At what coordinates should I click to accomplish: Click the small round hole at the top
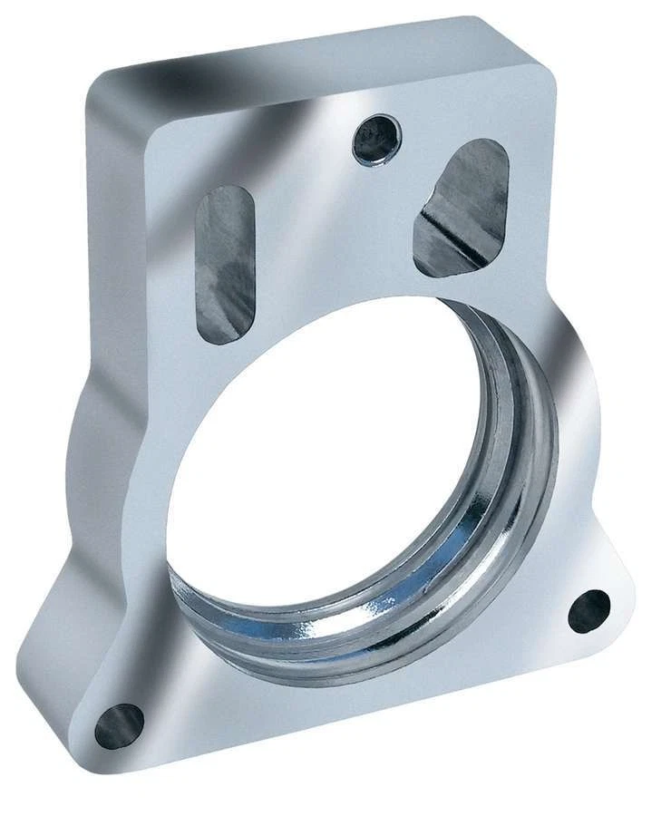(x=375, y=141)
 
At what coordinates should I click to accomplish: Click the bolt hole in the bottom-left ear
(x=120, y=725)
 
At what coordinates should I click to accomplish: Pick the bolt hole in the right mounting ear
(x=589, y=610)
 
